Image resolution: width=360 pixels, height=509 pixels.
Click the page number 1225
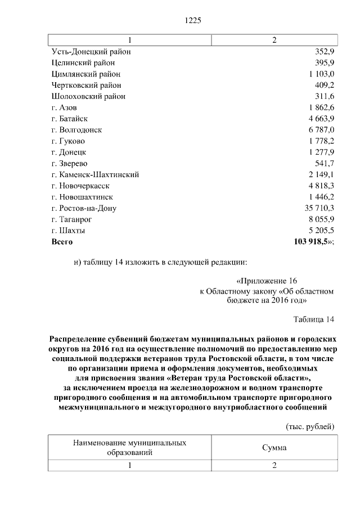[x=193, y=21]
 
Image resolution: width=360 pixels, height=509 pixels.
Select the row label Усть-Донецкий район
[x=91, y=52]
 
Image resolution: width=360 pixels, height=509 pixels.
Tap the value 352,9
[x=325, y=52]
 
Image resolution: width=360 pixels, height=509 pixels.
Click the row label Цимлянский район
[x=85, y=74]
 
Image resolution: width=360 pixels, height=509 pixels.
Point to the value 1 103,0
[x=321, y=74]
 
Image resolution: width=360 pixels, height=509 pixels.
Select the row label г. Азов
[x=64, y=107]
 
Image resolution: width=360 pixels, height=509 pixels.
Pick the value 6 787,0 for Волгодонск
[x=321, y=130]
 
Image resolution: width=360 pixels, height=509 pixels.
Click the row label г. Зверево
[x=69, y=164]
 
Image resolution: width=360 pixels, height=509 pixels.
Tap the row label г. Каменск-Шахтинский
[x=94, y=175]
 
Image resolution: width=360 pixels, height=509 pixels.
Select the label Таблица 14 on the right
[x=314, y=319]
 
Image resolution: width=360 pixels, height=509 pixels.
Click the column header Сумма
[x=274, y=448]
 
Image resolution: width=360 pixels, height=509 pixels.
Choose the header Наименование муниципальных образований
[x=130, y=448]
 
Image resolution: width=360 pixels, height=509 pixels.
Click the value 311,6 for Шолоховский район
[x=325, y=96]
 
